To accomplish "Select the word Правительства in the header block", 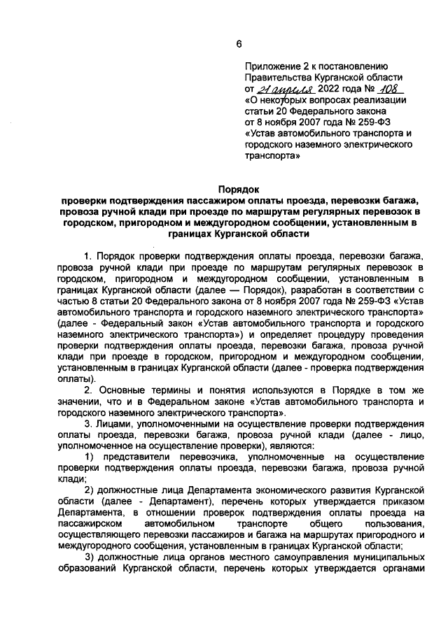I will pyautogui.click(x=278, y=78).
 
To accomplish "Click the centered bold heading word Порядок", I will pyautogui.click(x=238, y=189).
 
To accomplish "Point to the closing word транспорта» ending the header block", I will pyautogui.click(x=272, y=157).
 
